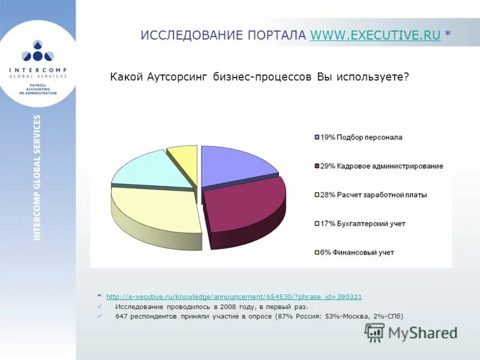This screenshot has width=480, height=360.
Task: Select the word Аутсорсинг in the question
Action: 178,77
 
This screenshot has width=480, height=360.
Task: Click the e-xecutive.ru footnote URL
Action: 233,297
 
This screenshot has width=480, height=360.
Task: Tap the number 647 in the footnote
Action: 122,316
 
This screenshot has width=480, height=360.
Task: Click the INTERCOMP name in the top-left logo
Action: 38,70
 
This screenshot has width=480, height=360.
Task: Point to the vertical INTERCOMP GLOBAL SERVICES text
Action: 37,178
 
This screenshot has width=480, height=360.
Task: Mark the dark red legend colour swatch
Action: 316,166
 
